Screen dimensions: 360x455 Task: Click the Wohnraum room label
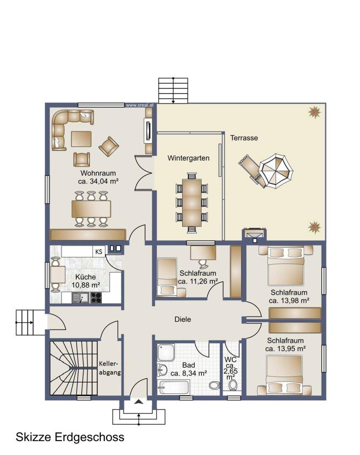(98, 173)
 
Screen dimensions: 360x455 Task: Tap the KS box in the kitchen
(99, 252)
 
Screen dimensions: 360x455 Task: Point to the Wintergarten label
(188, 158)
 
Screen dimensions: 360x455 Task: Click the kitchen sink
(81, 298)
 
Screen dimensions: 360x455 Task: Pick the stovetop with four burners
(96, 298)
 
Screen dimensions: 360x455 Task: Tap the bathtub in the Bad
(173, 387)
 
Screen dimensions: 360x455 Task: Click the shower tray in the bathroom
(166, 352)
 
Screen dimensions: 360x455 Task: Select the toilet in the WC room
(233, 385)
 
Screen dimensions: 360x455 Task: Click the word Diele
(183, 319)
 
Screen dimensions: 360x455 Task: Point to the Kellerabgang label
(110, 368)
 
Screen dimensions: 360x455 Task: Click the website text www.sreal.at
(140, 105)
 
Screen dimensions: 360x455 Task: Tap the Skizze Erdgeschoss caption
(70, 437)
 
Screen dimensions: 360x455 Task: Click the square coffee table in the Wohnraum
(81, 139)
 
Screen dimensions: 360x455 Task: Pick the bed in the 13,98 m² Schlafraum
(286, 265)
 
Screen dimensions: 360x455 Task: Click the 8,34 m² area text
(189, 373)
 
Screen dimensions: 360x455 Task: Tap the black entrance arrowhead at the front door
(139, 401)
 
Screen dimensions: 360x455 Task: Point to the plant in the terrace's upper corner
(314, 112)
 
